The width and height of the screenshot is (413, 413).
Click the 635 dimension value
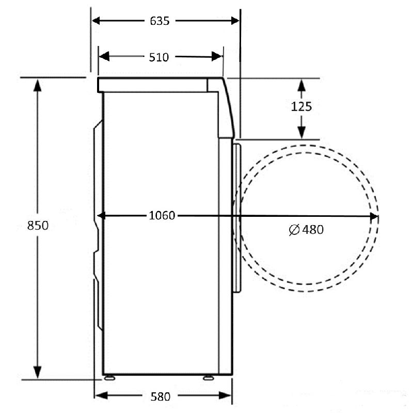point(160,21)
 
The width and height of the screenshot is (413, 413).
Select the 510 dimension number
point(159,57)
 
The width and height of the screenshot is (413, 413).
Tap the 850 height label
point(38,226)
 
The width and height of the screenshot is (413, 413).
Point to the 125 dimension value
point(301,107)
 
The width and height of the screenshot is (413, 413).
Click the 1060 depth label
point(162,215)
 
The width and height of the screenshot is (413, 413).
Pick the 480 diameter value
point(313,230)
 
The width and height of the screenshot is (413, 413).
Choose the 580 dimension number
point(161,396)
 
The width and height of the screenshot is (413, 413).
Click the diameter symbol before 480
point(294,230)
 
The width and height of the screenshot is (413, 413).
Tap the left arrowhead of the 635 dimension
point(96,21)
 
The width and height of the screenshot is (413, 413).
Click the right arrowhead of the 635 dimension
point(235,21)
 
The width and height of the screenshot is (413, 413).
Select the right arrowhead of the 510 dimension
point(217,56)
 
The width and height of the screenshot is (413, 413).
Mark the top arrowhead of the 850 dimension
point(37,85)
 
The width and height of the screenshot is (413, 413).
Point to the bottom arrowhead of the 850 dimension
point(37,372)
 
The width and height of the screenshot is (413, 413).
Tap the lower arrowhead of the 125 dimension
point(301,133)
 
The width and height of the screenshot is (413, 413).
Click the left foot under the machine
point(109,378)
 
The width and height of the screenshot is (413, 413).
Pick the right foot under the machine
point(209,378)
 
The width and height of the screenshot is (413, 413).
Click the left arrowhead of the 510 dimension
point(104,56)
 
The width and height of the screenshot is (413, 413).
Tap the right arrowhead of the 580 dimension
point(225,395)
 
